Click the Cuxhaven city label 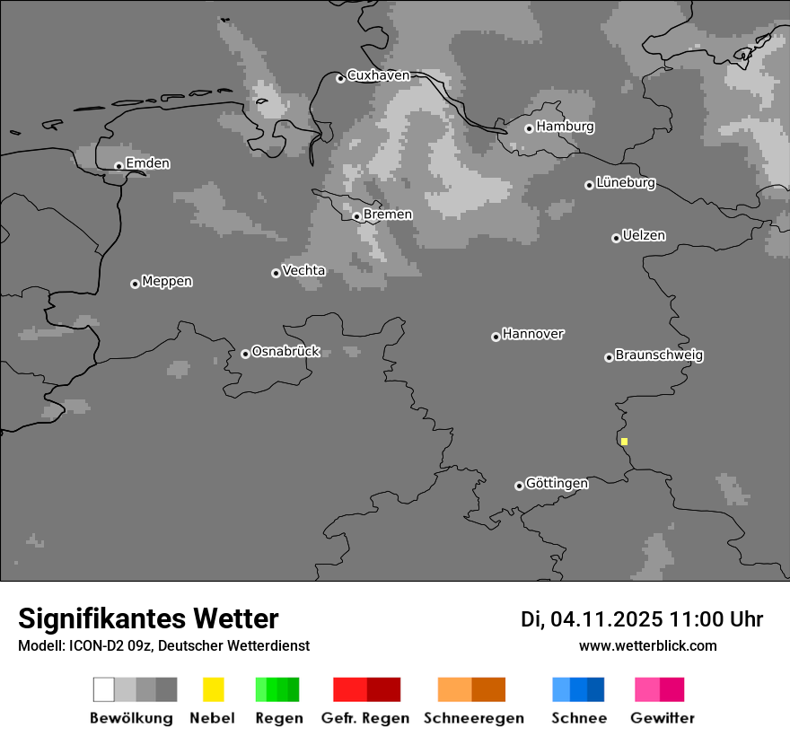pos(378,75)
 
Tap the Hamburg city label pos(565,127)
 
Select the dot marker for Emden pos(118,166)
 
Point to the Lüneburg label pos(626,183)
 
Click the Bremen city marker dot pos(356,216)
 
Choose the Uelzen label pos(644,236)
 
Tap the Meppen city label pos(167,282)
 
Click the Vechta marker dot pos(276,273)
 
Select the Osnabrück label pos(285,352)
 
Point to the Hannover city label pos(533,334)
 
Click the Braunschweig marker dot pos(609,357)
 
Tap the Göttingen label pos(557,484)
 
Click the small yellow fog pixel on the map pos(624,442)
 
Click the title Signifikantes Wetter pos(148,618)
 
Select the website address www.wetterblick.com pos(647,645)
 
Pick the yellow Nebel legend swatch pos(213,689)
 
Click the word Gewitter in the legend pos(663,718)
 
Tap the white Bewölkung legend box pos(104,689)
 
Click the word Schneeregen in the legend pos(474,718)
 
